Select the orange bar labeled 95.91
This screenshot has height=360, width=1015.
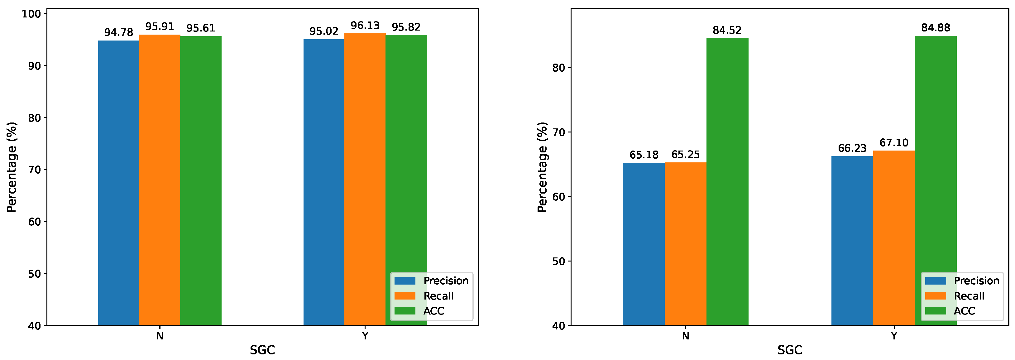[160, 180]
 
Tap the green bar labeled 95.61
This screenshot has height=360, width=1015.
[201, 181]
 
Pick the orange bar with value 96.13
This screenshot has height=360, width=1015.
[365, 179]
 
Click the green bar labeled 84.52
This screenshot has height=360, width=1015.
[727, 182]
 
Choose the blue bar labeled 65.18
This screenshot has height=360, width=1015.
[644, 244]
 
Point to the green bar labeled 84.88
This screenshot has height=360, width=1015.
[936, 180]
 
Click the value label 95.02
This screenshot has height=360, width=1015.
[324, 31]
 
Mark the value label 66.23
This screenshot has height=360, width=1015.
[852, 148]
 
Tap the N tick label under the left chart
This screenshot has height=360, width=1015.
[160, 336]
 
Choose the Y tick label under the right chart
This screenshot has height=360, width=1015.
[894, 336]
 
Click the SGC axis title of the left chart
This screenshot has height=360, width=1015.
[262, 350]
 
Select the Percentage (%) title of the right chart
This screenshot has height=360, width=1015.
[543, 167]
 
